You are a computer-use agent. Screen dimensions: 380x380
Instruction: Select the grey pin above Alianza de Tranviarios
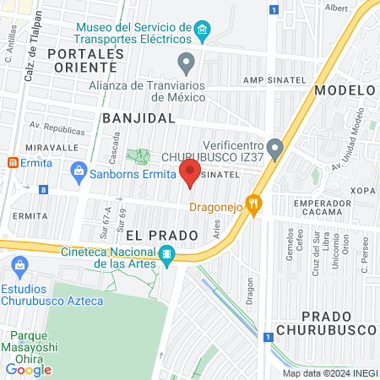187,62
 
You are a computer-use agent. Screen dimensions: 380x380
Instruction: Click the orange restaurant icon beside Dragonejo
257,204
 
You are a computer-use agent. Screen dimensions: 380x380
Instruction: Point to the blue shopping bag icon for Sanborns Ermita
79,171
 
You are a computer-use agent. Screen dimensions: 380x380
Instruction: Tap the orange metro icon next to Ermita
13,162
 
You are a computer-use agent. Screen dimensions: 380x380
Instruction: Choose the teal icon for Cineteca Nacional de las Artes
167,254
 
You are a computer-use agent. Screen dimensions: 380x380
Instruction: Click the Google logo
29,369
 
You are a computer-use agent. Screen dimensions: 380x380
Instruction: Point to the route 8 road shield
43,191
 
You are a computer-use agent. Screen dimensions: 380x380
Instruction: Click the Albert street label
335,8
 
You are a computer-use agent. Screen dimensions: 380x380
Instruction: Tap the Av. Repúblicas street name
57,130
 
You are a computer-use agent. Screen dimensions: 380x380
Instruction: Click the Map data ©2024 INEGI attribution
330,372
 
